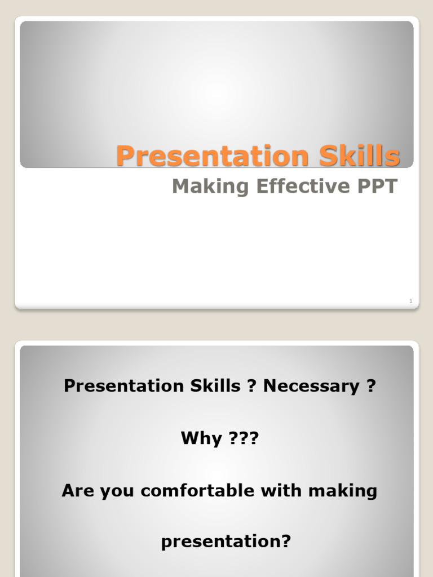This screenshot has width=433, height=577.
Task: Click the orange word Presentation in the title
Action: [x=213, y=156]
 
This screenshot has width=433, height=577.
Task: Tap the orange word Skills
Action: [x=359, y=156]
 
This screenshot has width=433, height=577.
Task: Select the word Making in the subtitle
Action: [x=211, y=187]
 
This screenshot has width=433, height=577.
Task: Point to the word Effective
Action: [x=303, y=186]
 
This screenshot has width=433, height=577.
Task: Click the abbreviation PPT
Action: [x=377, y=186]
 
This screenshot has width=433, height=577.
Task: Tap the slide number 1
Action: [x=411, y=301]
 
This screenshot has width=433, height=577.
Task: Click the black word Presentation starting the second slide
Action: [x=123, y=386]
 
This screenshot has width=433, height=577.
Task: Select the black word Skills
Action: [x=215, y=385]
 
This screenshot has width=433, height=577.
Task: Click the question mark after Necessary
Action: [x=371, y=385]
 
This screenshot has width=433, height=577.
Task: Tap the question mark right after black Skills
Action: [x=251, y=385]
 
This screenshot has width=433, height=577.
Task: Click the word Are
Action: [x=78, y=491]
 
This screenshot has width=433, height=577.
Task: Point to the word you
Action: [x=117, y=492]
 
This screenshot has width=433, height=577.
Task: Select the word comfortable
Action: [x=197, y=491]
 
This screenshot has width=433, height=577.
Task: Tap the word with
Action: [x=281, y=490]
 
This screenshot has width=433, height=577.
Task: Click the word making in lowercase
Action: [x=343, y=491]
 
